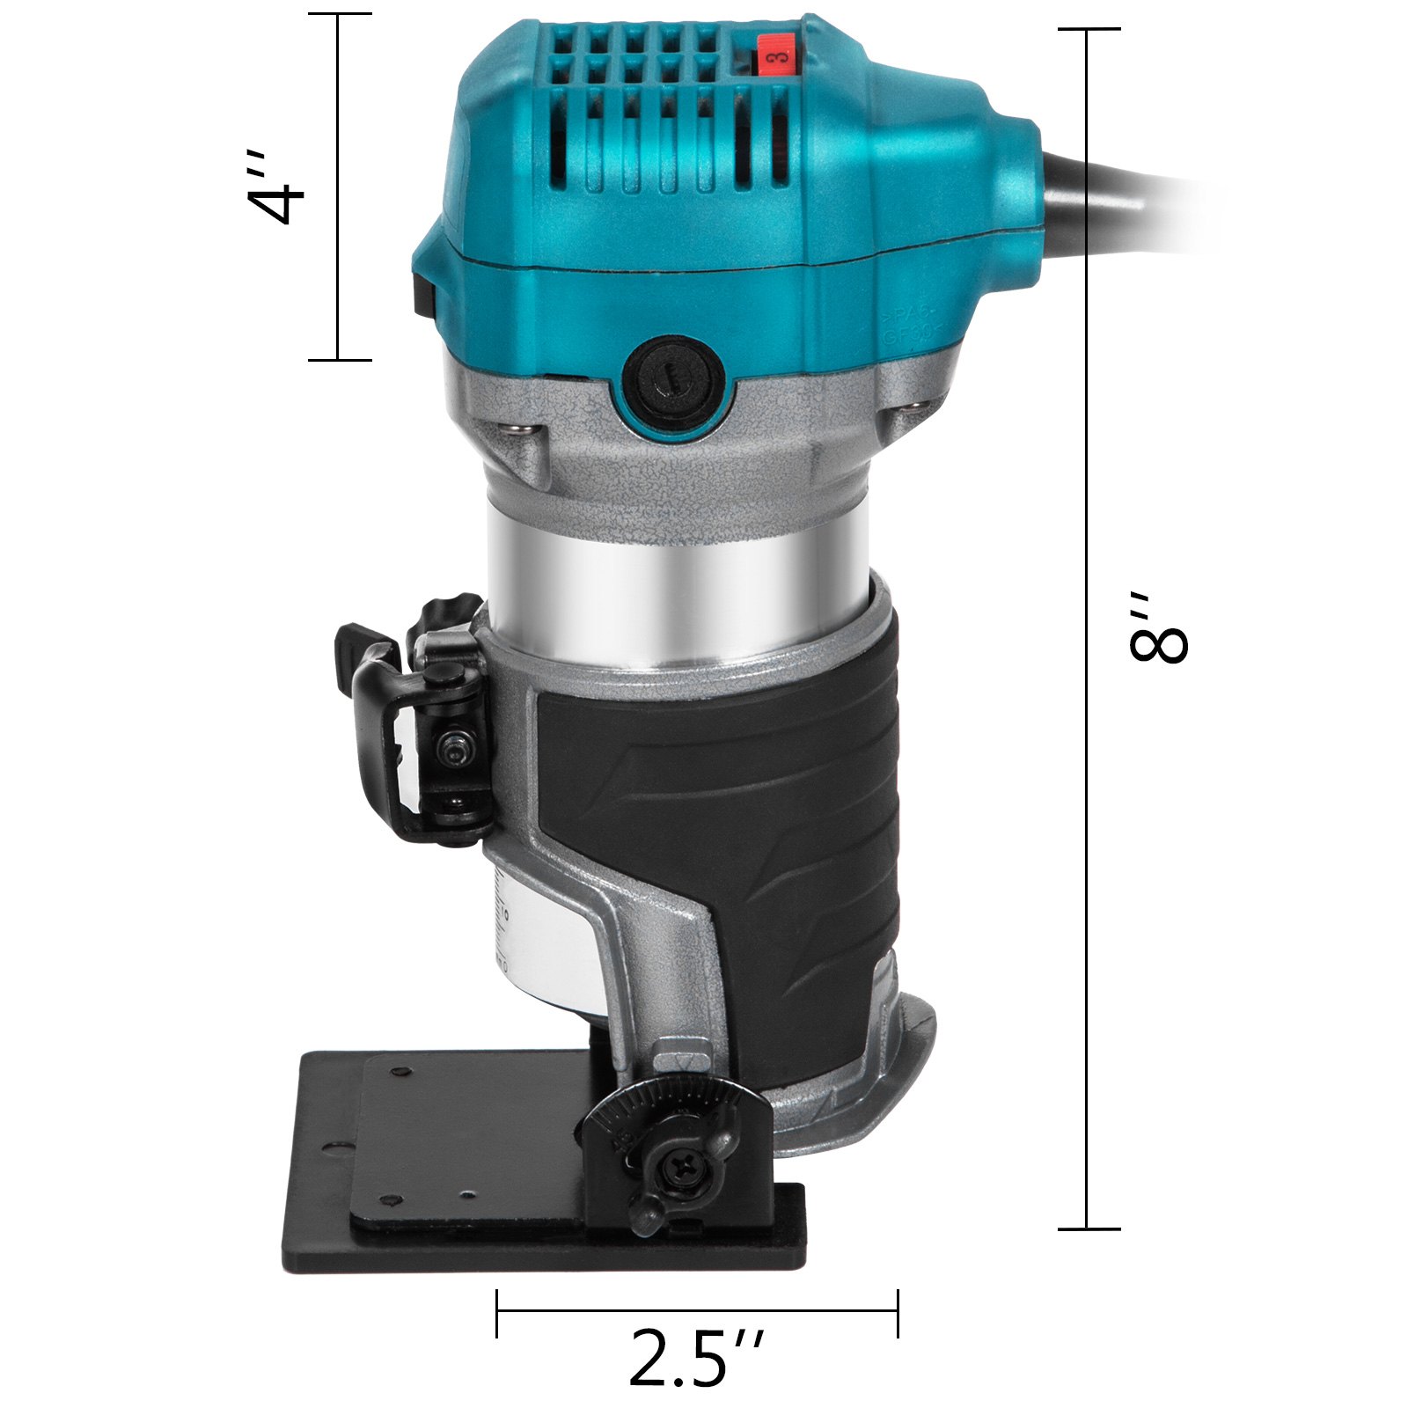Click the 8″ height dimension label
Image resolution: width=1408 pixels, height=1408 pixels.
[x=1157, y=627]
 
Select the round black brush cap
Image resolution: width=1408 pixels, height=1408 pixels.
[x=674, y=380]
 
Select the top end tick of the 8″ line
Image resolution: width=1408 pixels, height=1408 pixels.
[x=1089, y=29]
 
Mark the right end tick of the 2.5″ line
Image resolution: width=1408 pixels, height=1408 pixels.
[x=898, y=1313]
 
